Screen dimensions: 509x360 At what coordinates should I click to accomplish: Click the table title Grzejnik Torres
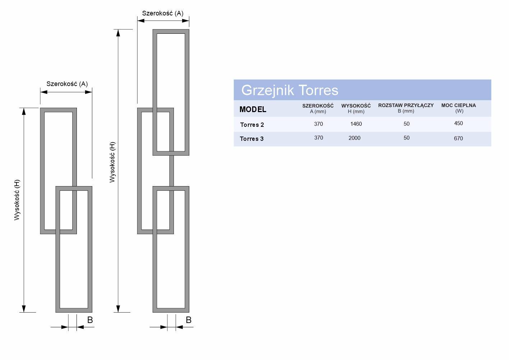[290, 90]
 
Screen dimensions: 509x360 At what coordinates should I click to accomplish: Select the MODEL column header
[253, 109]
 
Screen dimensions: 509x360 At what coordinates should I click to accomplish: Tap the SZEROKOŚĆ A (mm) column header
[318, 109]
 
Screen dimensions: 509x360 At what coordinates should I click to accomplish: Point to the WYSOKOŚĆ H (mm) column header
[356, 109]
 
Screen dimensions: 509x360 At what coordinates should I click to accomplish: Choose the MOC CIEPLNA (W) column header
[459, 108]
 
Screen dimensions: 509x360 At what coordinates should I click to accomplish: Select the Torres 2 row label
[252, 125]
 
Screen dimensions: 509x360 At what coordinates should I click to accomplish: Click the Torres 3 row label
[252, 139]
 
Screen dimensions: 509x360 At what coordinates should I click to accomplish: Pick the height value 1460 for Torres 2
[356, 124]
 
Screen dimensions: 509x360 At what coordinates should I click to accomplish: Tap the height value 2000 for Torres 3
[355, 138]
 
